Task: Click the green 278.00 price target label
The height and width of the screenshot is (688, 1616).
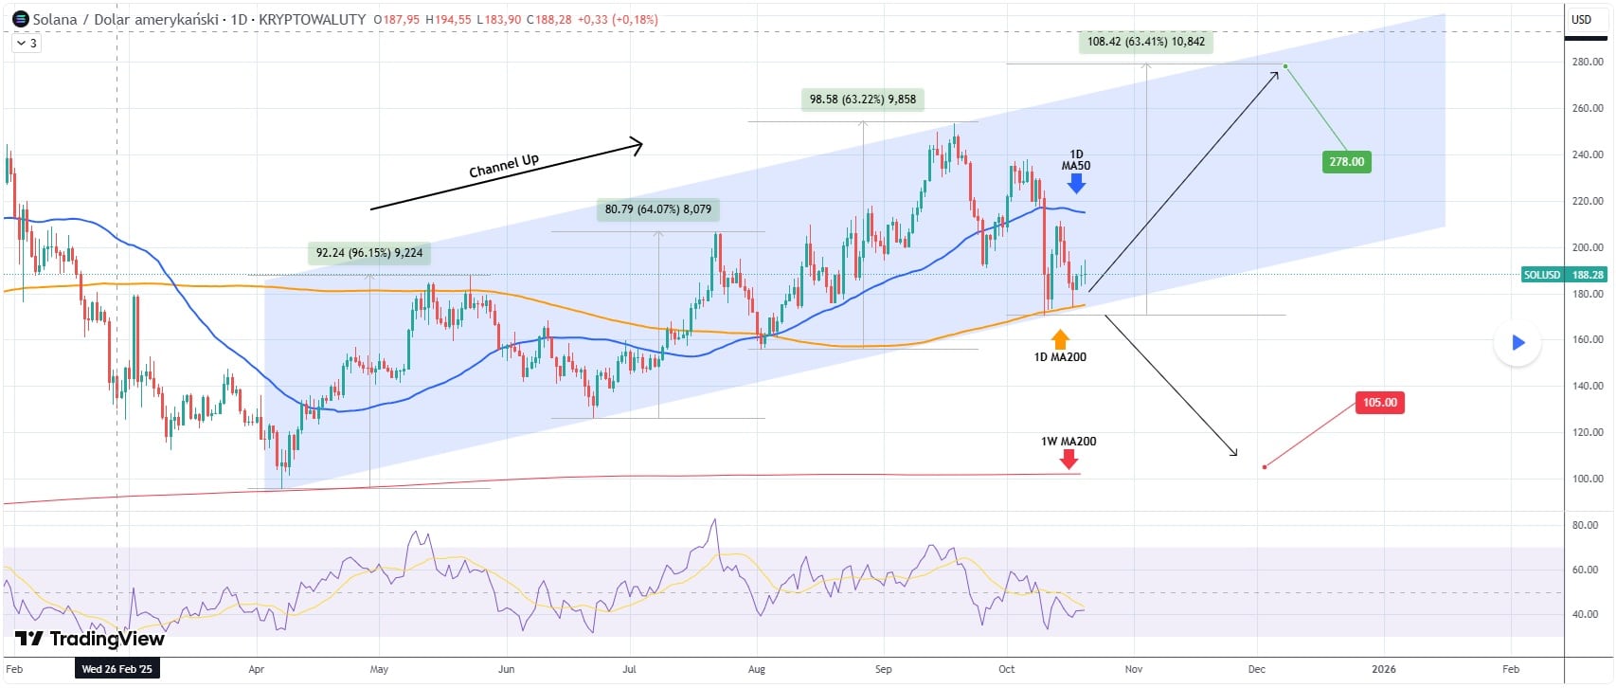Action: [x=1346, y=162]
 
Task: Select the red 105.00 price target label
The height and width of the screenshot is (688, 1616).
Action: [x=1379, y=403]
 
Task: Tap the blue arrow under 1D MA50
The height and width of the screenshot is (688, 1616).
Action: [x=1076, y=184]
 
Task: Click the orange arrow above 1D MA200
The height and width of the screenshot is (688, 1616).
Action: [x=1060, y=338]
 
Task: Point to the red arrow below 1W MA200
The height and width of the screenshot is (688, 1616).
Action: [x=1068, y=460]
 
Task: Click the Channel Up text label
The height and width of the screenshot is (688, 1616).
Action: [x=504, y=166]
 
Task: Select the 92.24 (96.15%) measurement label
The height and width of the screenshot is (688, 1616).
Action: [x=369, y=253]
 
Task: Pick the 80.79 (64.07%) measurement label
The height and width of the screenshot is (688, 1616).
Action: [x=658, y=209]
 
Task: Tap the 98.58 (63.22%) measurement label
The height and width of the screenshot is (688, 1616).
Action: [x=862, y=100]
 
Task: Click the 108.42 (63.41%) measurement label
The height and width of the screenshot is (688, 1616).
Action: [x=1145, y=42]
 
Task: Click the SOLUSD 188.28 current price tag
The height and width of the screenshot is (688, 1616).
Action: [x=1563, y=275]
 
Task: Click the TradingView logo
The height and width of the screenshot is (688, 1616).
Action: [x=90, y=639]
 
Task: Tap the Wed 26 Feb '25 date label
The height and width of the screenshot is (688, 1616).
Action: [x=117, y=669]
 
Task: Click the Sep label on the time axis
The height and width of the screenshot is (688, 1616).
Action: [x=883, y=669]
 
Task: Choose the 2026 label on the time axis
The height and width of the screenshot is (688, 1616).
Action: [x=1383, y=669]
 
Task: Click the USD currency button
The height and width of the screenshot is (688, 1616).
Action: [x=1582, y=19]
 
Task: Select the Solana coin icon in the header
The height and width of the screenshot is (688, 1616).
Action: [x=20, y=19]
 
